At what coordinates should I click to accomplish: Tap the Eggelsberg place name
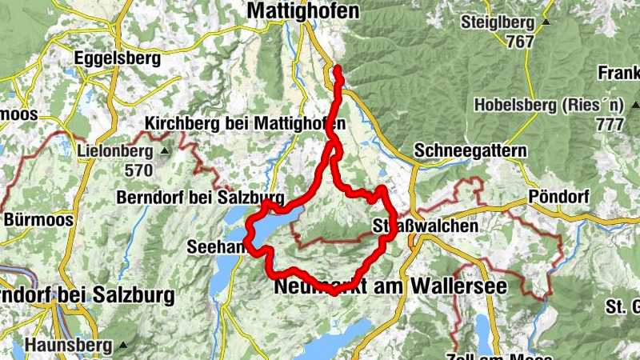pyautogui.click(x=117, y=58)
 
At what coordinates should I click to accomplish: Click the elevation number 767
pyautogui.click(x=519, y=42)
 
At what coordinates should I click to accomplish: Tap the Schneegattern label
pyautogui.click(x=471, y=151)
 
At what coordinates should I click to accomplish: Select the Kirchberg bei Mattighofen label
pyautogui.click(x=246, y=124)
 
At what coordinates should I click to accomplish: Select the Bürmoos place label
pyautogui.click(x=38, y=218)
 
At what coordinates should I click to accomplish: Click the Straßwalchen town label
pyautogui.click(x=425, y=226)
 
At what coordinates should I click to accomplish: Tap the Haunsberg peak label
pyautogui.click(x=68, y=346)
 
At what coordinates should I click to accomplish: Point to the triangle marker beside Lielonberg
pyautogui.click(x=164, y=150)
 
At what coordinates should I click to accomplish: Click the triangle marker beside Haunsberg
pyautogui.click(x=122, y=346)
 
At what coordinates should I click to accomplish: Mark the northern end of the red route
pyautogui.click(x=337, y=69)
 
